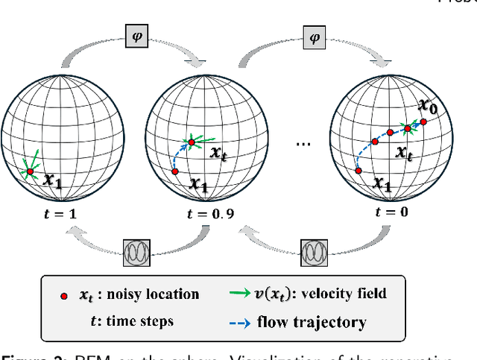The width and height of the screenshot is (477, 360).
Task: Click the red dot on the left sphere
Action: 31,171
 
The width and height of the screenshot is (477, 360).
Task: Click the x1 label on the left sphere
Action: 52,180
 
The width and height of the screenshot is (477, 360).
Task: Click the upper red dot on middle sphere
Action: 192,142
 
